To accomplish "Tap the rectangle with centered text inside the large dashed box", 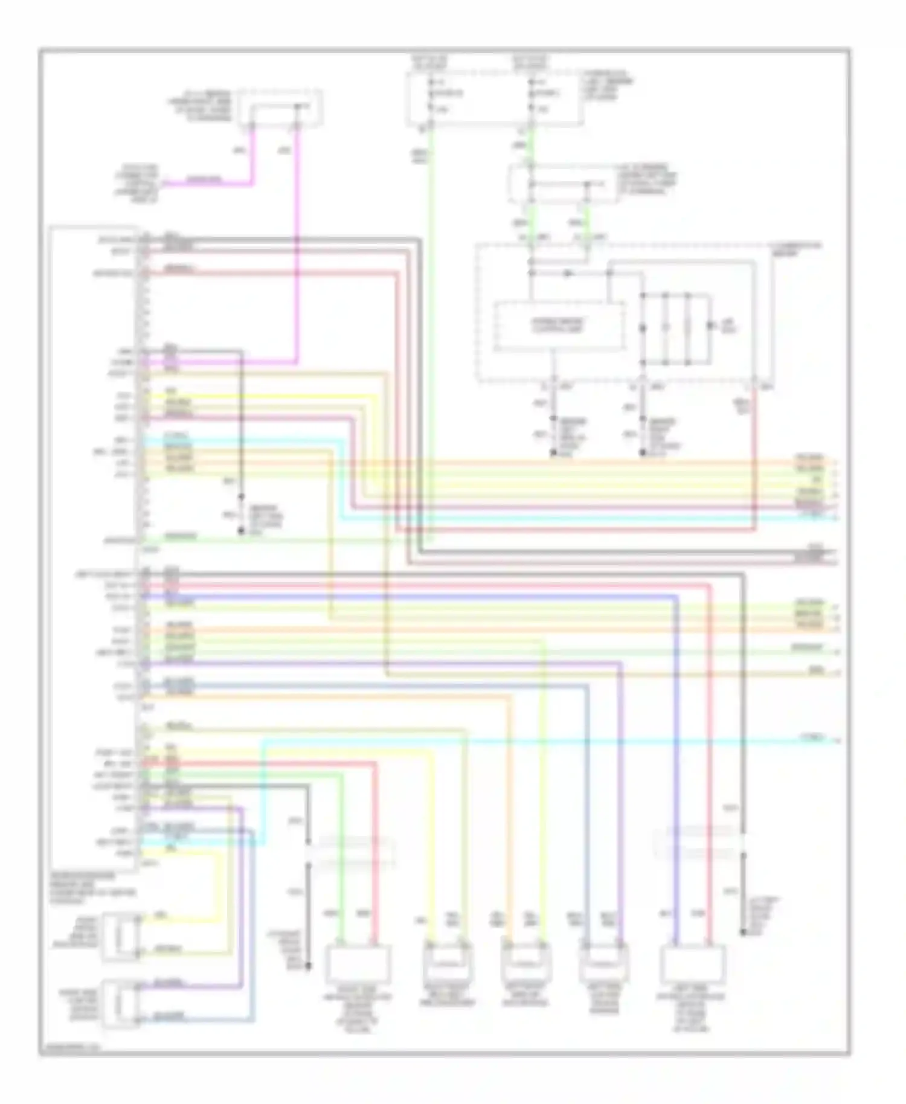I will click(x=558, y=326).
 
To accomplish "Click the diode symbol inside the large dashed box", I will click(x=567, y=274).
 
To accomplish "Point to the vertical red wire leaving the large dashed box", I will click(x=754, y=459).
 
